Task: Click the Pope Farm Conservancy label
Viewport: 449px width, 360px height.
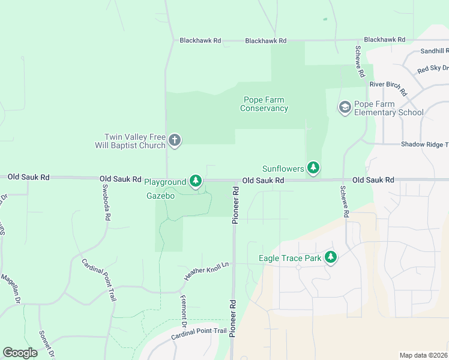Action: pos(264,104)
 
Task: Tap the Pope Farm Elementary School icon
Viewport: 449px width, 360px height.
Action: pos(345,107)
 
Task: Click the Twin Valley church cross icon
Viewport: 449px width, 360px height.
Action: pos(175,140)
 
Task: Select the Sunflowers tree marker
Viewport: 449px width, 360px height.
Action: pos(313,168)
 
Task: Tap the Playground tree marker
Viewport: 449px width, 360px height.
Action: pos(196,181)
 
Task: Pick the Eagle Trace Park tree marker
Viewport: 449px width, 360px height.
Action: pos(330,258)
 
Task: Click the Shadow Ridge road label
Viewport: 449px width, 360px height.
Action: pos(424,144)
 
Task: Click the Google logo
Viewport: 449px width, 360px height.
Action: pos(20,353)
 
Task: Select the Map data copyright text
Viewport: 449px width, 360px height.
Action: pos(423,355)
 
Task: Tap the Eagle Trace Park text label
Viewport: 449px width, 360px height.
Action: pos(290,259)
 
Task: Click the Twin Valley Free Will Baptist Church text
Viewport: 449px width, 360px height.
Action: pos(130,141)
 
